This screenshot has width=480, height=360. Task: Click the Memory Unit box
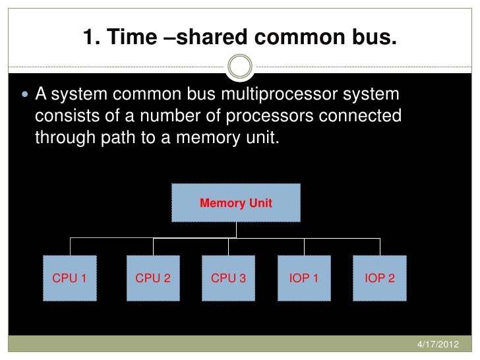click(236, 203)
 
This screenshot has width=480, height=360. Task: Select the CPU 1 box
click(70, 278)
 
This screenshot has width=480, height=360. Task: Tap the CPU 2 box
click(153, 278)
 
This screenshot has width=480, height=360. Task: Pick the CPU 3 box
click(228, 278)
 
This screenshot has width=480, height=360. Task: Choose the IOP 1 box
click(304, 278)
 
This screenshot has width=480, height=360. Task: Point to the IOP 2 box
click(380, 278)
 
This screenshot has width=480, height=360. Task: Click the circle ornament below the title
click(239, 67)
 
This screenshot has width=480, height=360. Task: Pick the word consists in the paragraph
click(63, 117)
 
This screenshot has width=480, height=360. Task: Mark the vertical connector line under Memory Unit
click(236, 229)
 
